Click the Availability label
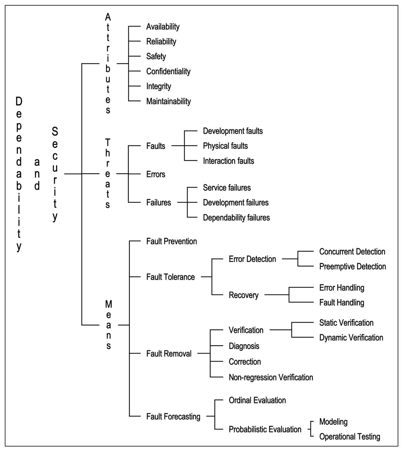163,27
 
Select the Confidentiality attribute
168,71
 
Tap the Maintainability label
168,101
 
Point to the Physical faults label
225,146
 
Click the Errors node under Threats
155,174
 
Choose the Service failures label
227,188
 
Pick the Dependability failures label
236,217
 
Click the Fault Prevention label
171,241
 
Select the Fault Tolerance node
170,277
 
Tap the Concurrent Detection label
352,252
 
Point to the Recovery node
243,295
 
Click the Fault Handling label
341,303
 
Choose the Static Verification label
346,323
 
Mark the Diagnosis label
244,346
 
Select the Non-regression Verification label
271,377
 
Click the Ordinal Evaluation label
257,400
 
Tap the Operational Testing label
349,437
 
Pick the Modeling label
333,422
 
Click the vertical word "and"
37,174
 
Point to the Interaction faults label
228,161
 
